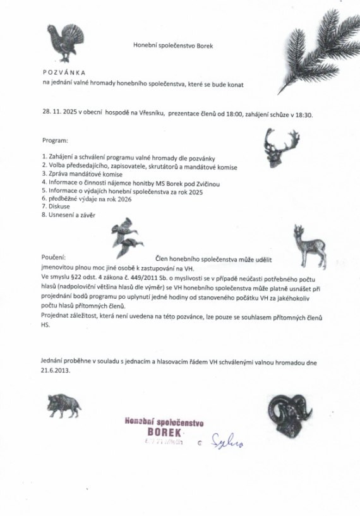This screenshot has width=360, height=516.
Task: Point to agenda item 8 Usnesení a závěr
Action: (x=70, y=215)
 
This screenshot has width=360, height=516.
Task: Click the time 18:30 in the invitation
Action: (x=313, y=116)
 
